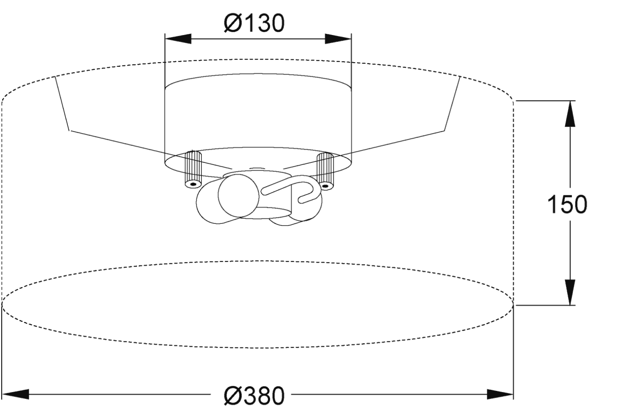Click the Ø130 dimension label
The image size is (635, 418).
[x=254, y=23]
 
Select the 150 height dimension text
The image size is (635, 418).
[x=567, y=204]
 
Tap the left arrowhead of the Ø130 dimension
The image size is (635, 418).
[x=178, y=39]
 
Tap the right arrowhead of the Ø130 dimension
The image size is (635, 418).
[x=338, y=39]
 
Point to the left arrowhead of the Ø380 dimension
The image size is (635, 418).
[x=15, y=394]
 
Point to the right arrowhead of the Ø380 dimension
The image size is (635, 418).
[x=500, y=394]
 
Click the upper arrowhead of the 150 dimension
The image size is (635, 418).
[x=570, y=114]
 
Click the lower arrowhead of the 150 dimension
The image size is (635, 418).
[x=570, y=292]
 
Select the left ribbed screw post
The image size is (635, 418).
[x=193, y=170]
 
